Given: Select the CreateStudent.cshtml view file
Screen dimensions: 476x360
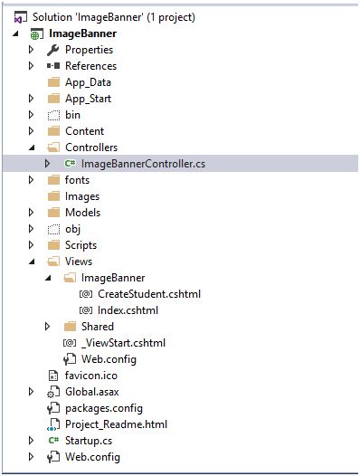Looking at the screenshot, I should tap(148, 294).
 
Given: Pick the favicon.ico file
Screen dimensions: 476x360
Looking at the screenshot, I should tap(90, 376).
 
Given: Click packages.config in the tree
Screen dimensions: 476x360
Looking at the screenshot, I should tap(103, 408).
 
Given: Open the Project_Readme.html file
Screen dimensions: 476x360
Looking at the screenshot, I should tap(116, 424).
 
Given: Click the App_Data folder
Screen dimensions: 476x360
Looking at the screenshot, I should tap(88, 82).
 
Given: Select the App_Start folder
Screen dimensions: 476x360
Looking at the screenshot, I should tap(88, 99).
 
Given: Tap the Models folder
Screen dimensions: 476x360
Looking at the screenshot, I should tap(82, 213).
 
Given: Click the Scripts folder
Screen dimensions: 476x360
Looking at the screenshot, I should tap(81, 245).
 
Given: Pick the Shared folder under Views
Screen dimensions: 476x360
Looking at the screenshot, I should tap(97, 327).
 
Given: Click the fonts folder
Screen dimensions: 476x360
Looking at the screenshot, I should tap(77, 180).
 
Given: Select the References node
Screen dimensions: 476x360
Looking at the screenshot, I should tap(90, 66).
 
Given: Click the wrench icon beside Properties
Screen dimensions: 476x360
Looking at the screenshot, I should tap(52, 50).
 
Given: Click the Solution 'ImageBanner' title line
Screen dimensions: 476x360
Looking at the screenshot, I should tap(113, 17).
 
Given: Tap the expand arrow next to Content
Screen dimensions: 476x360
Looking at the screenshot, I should tap(32, 131).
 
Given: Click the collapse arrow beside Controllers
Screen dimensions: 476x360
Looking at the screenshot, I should tap(32, 148).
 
